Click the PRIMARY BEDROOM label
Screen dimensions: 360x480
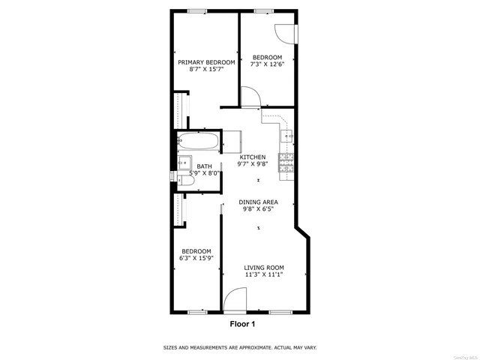click(x=206, y=62)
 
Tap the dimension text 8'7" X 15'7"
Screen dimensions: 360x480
click(x=206, y=69)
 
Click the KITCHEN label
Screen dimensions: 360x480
click(x=252, y=157)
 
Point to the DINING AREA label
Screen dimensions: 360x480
click(x=258, y=202)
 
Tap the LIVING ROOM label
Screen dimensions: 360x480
click(x=264, y=267)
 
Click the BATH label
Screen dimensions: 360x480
click(x=204, y=166)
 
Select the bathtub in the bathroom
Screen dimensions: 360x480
click(x=199, y=140)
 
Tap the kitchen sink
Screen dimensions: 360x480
click(x=286, y=136)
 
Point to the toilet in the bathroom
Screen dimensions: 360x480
click(x=182, y=178)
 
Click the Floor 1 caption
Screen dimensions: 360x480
click(x=241, y=325)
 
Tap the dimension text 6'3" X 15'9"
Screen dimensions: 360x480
click(x=196, y=258)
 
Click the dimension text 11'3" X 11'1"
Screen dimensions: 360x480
click(x=264, y=274)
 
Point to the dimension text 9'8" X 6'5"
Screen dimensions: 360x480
click(x=258, y=209)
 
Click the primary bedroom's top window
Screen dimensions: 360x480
click(x=197, y=10)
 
